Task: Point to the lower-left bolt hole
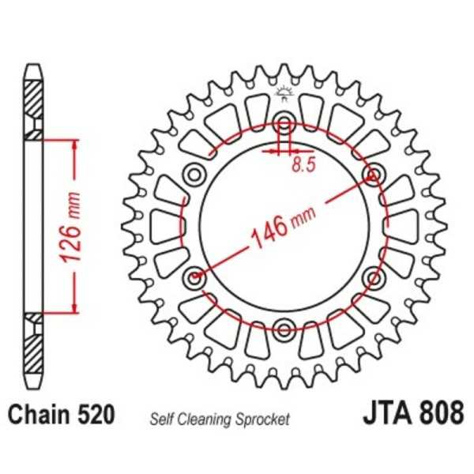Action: (x=194, y=276)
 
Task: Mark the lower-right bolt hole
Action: (x=372, y=276)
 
